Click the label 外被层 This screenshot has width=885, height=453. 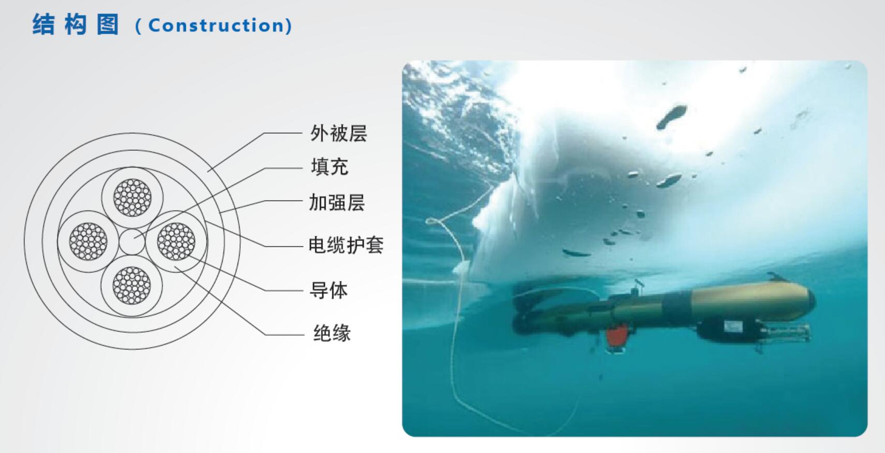[338, 133]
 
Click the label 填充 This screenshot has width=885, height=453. [329, 167]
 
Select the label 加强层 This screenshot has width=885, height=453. [337, 202]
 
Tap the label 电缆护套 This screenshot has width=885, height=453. [346, 245]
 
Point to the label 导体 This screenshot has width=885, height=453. [328, 290]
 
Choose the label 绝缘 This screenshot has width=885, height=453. [332, 333]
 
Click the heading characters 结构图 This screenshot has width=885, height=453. [76, 24]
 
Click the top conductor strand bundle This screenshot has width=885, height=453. [132, 197]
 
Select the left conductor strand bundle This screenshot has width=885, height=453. [89, 242]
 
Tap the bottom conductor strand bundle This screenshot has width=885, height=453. [132, 285]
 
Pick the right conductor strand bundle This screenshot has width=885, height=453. [176, 242]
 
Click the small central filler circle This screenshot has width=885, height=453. [132, 242]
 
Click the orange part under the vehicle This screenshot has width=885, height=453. [617, 336]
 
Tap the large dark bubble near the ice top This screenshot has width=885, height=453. [672, 116]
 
